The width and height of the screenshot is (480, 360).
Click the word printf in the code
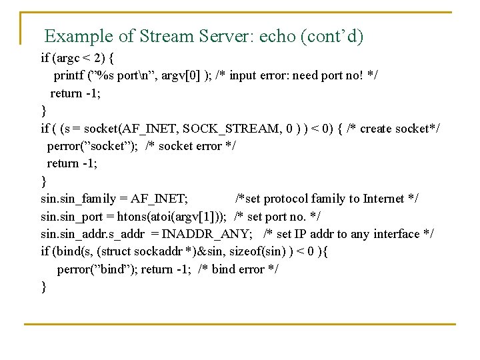69,75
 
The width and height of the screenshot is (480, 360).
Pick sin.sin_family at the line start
73,199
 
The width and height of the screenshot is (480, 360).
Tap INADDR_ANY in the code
221,234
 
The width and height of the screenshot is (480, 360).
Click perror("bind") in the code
97,269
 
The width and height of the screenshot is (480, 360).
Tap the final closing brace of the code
44,287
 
